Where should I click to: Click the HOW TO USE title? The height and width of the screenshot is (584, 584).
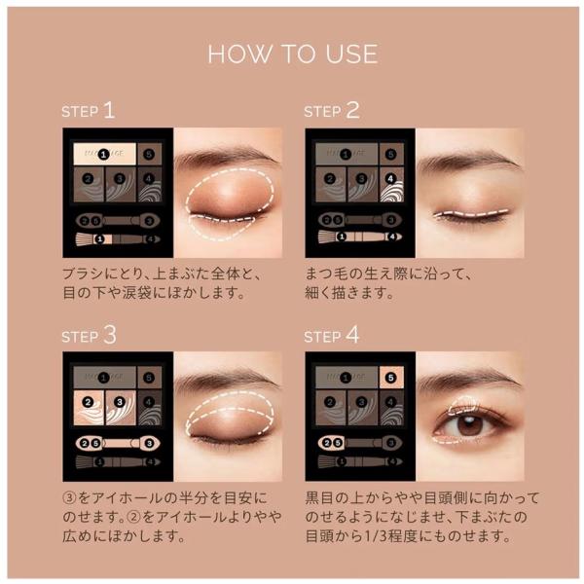pos(293,54)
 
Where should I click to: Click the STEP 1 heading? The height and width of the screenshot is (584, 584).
pos(89,111)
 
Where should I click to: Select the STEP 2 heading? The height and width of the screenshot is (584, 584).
pos(332,111)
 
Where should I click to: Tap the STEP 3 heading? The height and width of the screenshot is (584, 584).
pos(89,335)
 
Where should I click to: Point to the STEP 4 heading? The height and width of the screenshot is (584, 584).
pos(332,335)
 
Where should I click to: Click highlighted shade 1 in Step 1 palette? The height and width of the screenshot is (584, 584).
pos(105,154)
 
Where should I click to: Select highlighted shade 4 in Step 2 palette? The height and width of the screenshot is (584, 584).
pos(391,184)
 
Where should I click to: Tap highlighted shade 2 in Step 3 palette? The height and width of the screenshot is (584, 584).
pos(89,407)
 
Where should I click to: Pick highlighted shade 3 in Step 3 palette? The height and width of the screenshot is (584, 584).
pos(121,407)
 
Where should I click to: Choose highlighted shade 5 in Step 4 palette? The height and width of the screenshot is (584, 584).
pos(391,378)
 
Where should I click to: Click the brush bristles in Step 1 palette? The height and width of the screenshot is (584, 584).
pos(85,238)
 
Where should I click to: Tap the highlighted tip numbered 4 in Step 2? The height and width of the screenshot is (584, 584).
pos(393,237)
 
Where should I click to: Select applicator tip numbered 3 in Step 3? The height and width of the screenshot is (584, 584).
pos(149,443)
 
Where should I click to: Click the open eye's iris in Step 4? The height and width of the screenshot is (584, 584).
pos(468,424)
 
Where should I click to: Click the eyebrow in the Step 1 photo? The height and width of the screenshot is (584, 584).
pos(226,157)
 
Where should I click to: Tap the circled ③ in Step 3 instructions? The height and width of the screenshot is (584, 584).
pos(69,497)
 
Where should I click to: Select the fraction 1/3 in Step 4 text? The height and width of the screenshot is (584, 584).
pos(376,536)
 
